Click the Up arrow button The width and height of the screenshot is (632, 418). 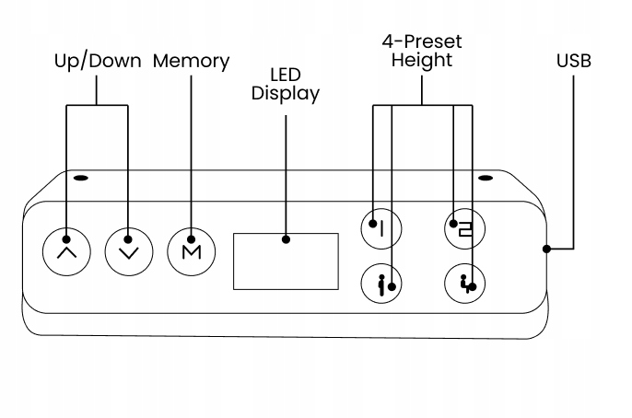[x=66, y=250]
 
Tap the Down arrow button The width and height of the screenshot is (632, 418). [x=128, y=250]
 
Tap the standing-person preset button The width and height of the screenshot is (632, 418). [x=382, y=284]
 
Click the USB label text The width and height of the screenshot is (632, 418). [x=573, y=62]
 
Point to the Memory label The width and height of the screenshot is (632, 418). [x=191, y=62]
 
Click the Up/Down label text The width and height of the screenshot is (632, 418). [x=97, y=62]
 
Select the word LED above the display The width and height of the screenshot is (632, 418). [x=285, y=74]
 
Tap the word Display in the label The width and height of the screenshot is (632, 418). [x=285, y=93]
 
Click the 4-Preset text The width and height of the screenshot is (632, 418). [x=422, y=41]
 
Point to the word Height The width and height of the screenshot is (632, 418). [x=422, y=62]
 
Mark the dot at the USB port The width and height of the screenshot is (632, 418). [x=546, y=249]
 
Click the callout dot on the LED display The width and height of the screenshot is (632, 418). [x=286, y=239]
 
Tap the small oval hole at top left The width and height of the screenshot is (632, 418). [x=81, y=178]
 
